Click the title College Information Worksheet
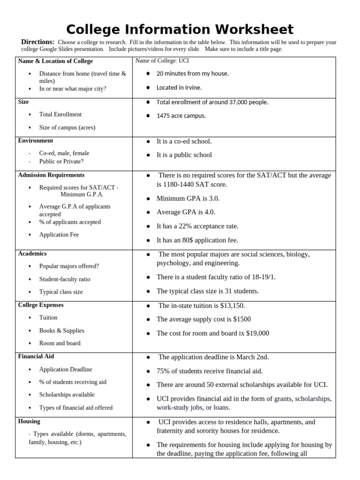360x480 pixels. pyautogui.click(x=180, y=29)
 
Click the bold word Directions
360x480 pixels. pyautogui.click(x=37, y=42)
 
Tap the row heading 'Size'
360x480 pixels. pyautogui.click(x=23, y=102)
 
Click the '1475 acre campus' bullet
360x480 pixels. pyautogui.click(x=181, y=116)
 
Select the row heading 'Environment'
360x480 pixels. pyautogui.click(x=36, y=141)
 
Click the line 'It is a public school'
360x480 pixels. pyautogui.click(x=184, y=155)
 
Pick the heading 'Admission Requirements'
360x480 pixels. pyautogui.click(x=51, y=175)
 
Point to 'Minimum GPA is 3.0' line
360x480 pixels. pyautogui.click(x=188, y=198)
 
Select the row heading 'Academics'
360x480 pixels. pyautogui.click(x=32, y=254)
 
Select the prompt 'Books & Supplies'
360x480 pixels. pyautogui.click(x=61, y=330)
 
